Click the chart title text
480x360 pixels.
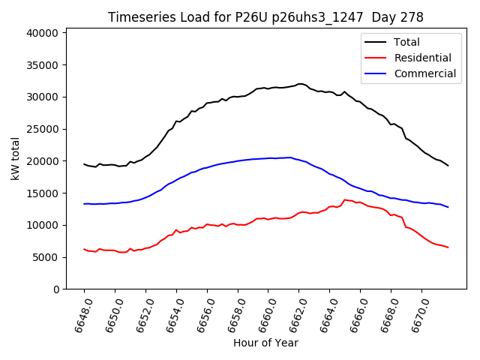[265, 17]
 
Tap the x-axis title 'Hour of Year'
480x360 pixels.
[265, 343]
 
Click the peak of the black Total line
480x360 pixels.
[300, 84]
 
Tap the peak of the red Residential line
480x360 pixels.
[344, 199]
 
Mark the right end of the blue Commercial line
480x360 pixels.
[448, 207]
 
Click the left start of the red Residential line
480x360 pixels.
[84, 249]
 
